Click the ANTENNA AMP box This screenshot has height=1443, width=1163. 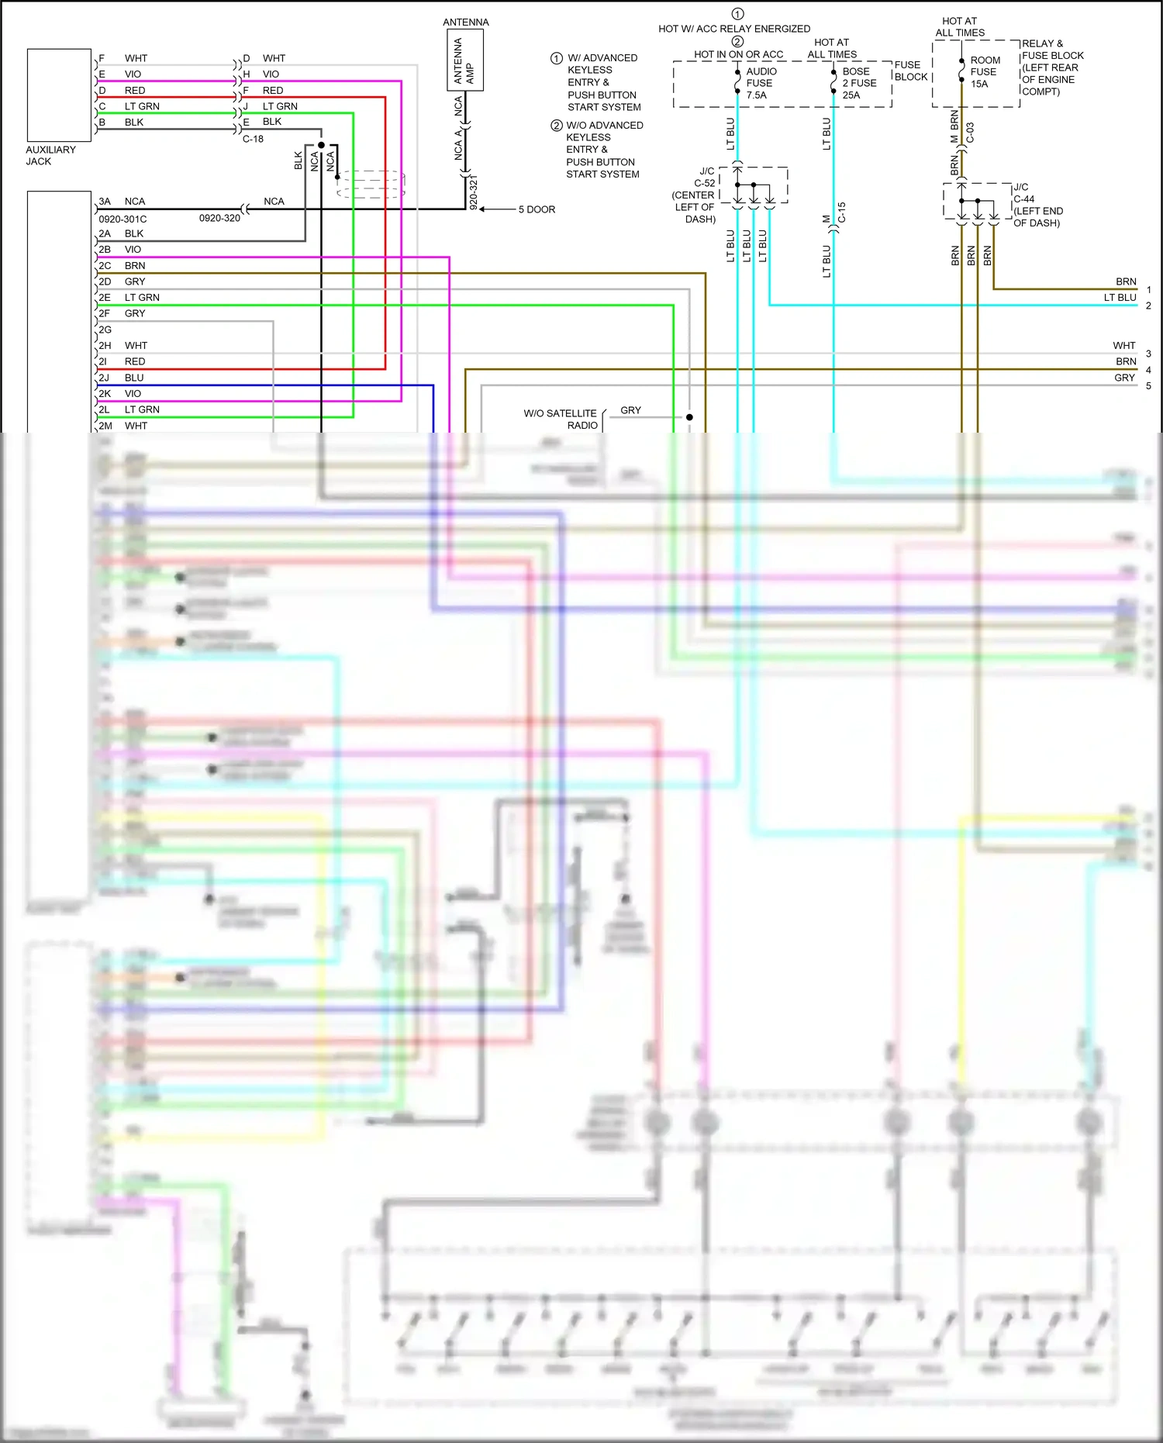coord(465,60)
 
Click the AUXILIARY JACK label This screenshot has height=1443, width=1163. coord(50,155)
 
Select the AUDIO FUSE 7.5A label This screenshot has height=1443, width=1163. coord(761,83)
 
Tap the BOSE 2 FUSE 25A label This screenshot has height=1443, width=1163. coord(858,83)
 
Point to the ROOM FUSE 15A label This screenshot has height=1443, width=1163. coord(985,72)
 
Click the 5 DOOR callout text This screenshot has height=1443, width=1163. coord(537,209)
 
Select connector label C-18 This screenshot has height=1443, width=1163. coord(253,139)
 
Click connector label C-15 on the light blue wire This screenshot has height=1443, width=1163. coord(841,212)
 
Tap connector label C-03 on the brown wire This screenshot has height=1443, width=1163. coord(970,133)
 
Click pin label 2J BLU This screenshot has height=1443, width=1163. coord(122,378)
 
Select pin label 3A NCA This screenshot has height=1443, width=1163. coord(123,201)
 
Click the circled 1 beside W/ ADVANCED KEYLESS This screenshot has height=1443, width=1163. coord(556,58)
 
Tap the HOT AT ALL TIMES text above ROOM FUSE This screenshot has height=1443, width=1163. coord(960,27)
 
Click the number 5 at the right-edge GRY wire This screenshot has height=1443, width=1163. coord(1148,385)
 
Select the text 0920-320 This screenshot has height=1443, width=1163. coord(219,218)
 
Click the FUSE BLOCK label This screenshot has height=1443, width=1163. coord(910,71)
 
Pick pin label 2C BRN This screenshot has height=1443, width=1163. coord(122,265)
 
